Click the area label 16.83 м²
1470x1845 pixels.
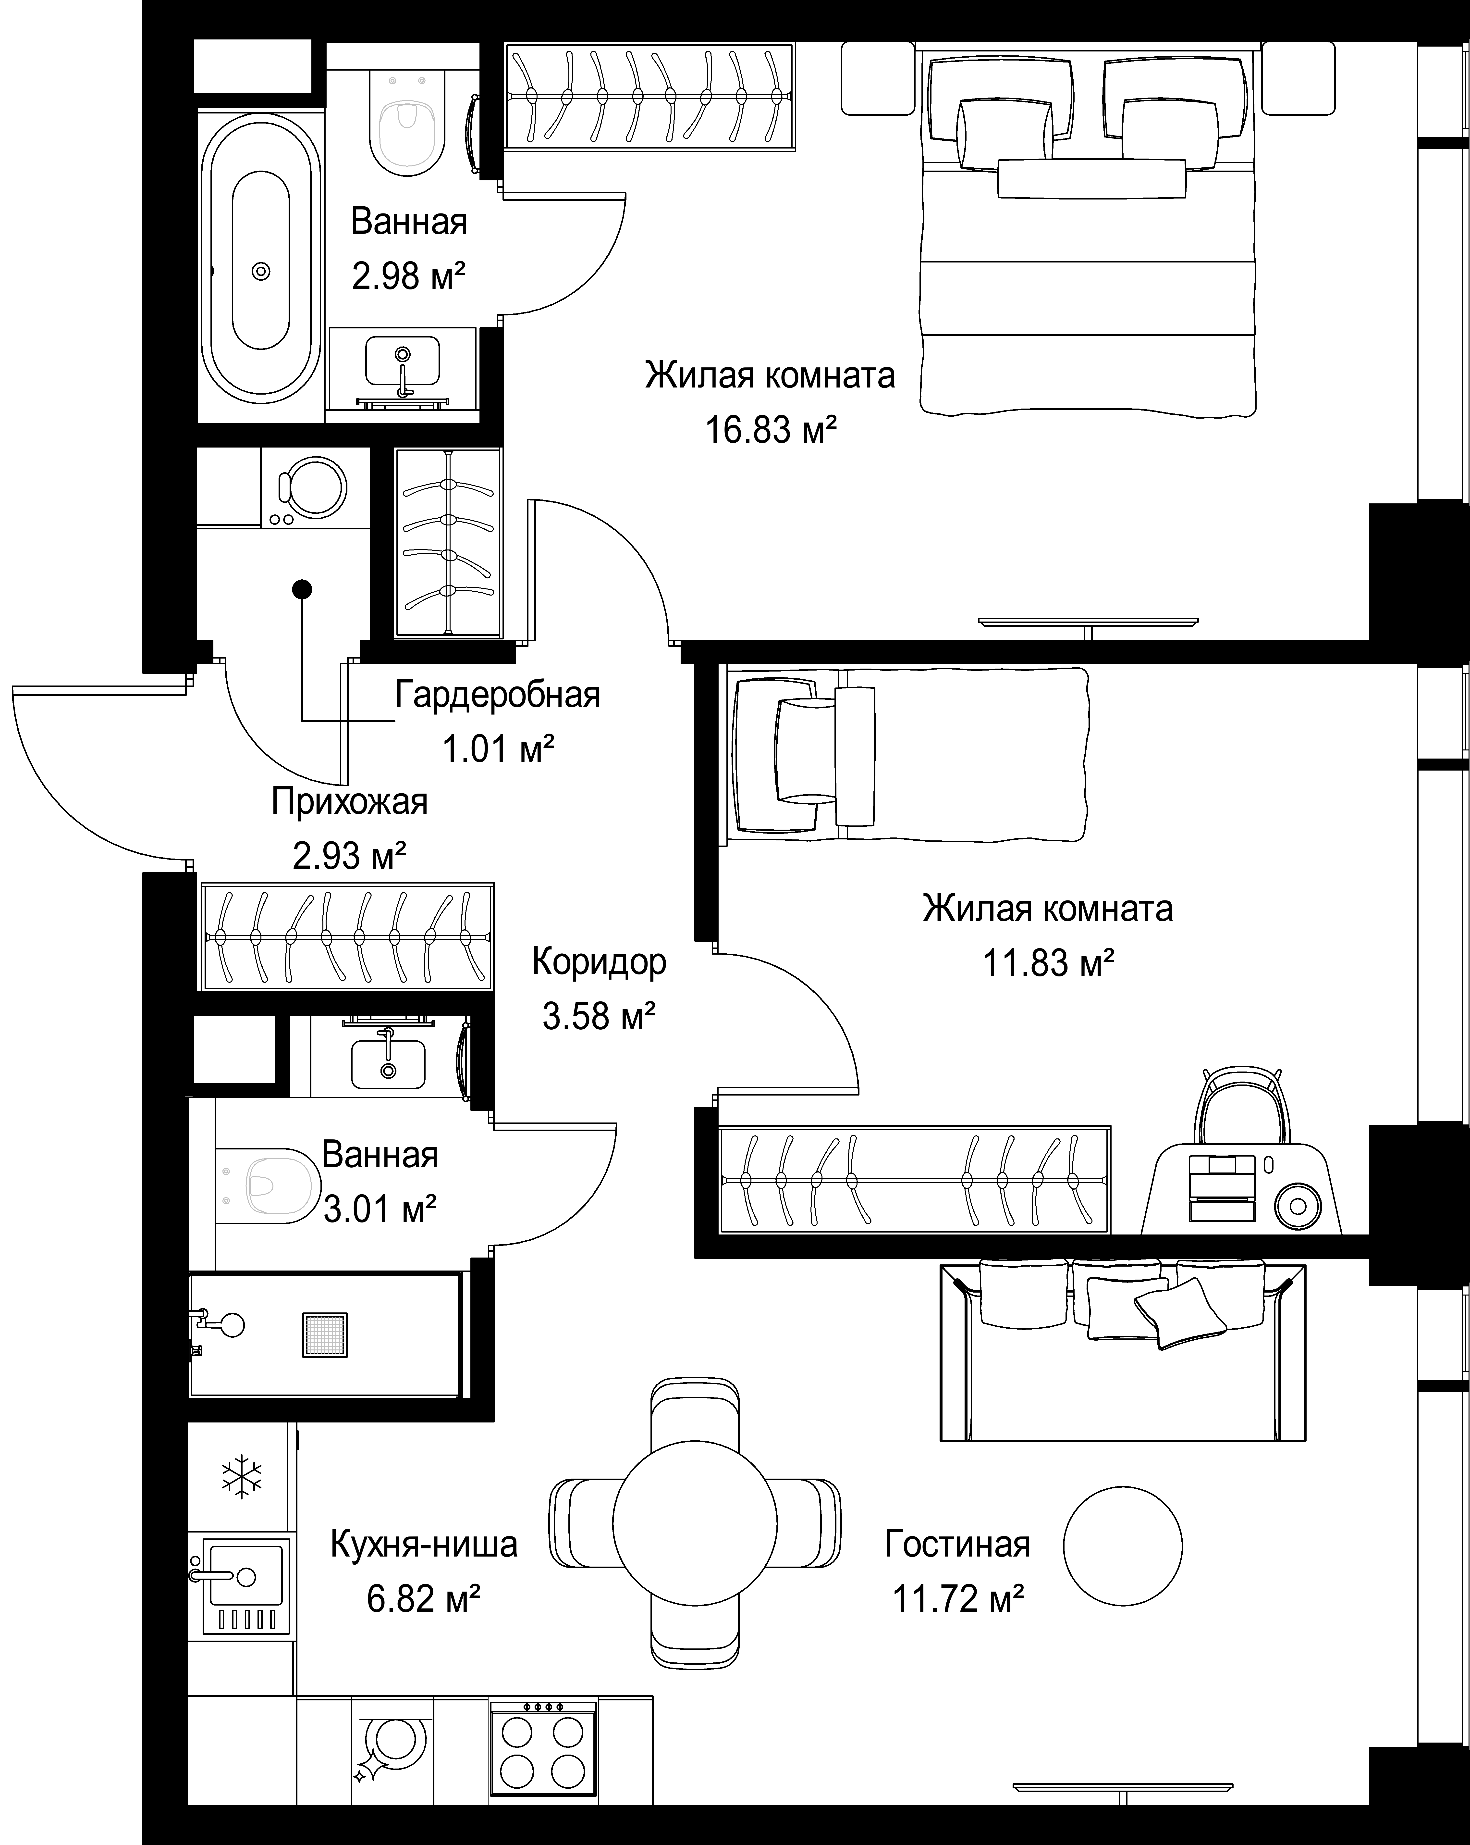pyautogui.click(x=770, y=430)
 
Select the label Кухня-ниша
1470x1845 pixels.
pyautogui.click(x=424, y=1545)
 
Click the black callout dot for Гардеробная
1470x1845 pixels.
pyautogui.click(x=302, y=589)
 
